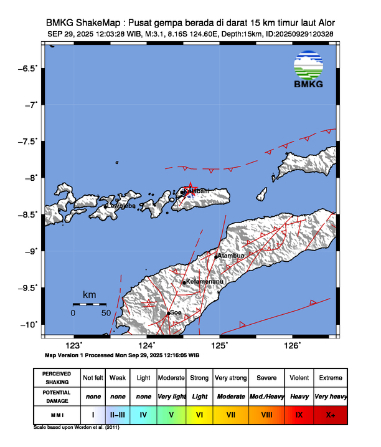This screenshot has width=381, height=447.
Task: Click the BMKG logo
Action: [308, 69]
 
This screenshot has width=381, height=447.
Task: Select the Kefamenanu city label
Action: [205, 282]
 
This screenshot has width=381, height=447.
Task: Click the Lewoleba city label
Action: [122, 205]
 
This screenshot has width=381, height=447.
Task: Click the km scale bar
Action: [89, 304]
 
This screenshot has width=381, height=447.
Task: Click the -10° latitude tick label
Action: [29, 325]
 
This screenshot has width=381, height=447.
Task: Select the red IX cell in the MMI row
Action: [299, 413]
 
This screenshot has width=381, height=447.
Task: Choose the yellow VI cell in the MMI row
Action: [200, 413]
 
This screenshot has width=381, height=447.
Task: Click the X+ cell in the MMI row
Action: [330, 413]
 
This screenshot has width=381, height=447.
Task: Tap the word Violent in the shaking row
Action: [299, 378]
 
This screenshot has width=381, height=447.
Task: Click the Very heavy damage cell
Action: [330, 396]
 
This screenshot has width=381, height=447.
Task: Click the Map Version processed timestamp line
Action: [122, 355]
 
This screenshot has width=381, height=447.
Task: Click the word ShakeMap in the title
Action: [96, 23]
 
